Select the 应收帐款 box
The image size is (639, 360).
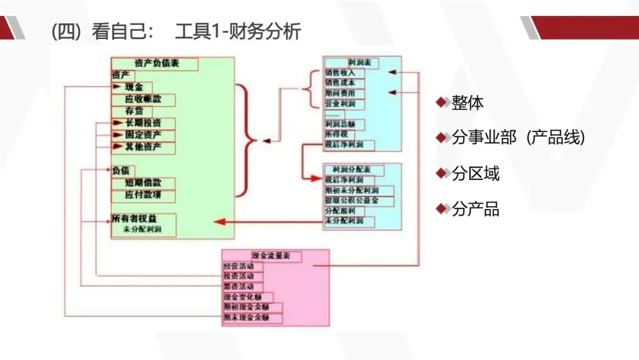coord(143,99)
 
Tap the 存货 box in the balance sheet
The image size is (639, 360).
coord(135,111)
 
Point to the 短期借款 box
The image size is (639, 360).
coord(143,183)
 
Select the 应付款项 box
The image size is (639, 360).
coord(143,195)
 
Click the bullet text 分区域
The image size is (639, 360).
coord(475,173)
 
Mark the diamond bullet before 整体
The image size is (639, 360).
coord(441,102)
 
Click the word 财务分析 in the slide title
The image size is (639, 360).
coord(273,31)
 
